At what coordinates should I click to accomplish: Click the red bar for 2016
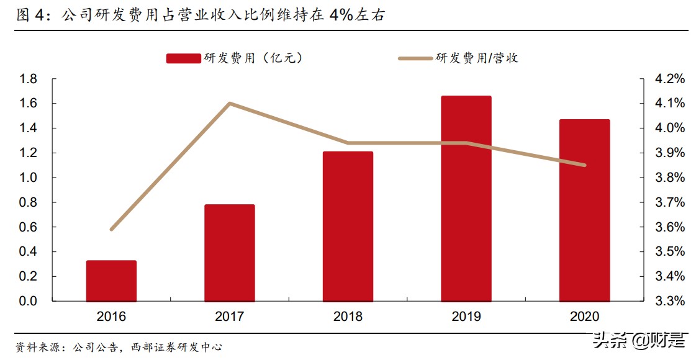coord(111,281)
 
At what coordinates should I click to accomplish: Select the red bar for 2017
coord(229,253)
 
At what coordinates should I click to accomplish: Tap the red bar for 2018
coord(348,227)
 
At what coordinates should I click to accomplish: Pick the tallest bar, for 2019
coord(466,199)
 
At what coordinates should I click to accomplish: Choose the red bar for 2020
coord(584,210)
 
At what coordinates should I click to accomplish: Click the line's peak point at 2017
coord(230,103)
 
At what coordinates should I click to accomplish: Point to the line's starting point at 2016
coord(111,230)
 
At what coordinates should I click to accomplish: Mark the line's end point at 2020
coord(584,165)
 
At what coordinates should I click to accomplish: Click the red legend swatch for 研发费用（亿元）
coord(183,58)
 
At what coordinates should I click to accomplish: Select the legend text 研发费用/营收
coord(477,58)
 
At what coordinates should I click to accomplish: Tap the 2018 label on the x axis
coord(348,317)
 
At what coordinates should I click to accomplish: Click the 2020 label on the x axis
coord(584,317)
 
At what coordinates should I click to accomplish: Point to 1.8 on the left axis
coord(29,79)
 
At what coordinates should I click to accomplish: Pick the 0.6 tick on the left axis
coord(29,227)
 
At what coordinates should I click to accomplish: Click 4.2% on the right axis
coord(669,79)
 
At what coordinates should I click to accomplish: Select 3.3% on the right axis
coord(669,301)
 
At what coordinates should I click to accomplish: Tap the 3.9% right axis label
coord(669,153)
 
